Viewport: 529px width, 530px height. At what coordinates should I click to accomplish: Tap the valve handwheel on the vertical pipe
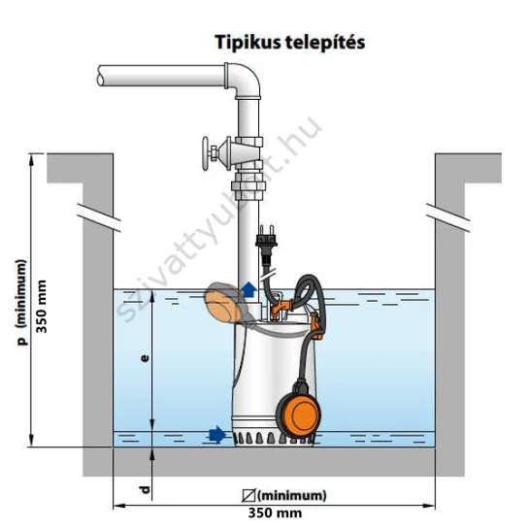[206, 153]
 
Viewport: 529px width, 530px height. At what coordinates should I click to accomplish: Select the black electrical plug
[266, 243]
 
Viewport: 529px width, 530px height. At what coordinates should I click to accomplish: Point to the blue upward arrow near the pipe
[249, 289]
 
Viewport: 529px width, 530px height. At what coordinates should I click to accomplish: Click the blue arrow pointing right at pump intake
[217, 434]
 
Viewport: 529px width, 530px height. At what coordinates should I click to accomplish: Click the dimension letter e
[145, 358]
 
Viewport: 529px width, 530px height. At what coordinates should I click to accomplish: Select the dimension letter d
[145, 489]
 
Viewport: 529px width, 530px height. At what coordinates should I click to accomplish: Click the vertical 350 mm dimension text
[42, 307]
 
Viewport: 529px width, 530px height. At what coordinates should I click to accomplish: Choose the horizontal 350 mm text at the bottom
[275, 513]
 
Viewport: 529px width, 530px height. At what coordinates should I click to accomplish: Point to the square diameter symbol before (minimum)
[248, 496]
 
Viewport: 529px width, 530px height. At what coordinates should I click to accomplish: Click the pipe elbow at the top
[245, 81]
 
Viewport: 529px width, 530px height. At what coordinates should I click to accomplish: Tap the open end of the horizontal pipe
[100, 76]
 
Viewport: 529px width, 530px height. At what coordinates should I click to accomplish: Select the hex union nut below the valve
[248, 187]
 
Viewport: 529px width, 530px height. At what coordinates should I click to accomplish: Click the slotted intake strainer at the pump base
[274, 439]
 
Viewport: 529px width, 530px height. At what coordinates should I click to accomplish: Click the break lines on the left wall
[99, 218]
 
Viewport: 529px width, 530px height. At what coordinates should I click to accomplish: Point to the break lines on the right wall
[447, 218]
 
